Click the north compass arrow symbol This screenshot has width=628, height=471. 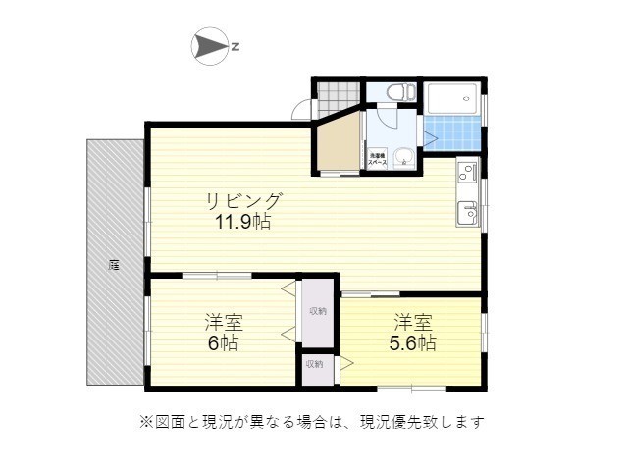coord(209,46)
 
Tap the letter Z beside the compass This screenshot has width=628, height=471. coord(236,46)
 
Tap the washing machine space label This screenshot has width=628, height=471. coord(376,156)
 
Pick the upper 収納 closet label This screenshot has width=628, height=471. coord(317,311)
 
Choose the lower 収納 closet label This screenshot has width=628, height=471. coord(313,364)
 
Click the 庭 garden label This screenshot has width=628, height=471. coord(115,264)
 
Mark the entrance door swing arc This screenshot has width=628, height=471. coord(302,110)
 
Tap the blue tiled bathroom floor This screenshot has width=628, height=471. coord(452,133)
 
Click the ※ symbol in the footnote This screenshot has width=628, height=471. coord(145,423)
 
